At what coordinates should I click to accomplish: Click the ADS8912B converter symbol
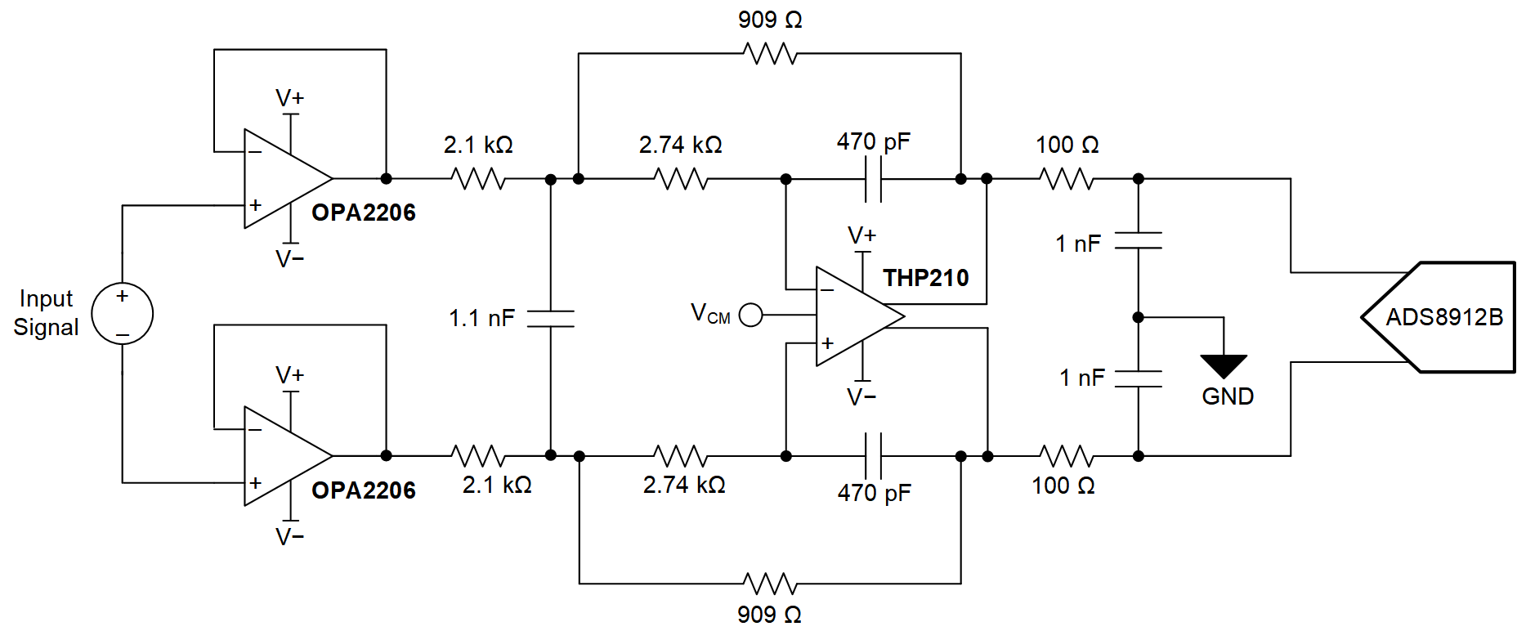click(1443, 317)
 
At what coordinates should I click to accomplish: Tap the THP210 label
click(925, 279)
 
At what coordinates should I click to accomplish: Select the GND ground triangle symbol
click(1224, 365)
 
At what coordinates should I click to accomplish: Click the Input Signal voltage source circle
click(123, 314)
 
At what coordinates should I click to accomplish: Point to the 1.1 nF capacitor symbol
click(550, 318)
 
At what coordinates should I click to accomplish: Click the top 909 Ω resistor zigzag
click(770, 54)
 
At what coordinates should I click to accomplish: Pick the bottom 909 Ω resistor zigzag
click(770, 584)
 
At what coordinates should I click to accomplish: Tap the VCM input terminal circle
click(750, 315)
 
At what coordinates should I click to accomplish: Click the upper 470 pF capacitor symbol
click(873, 179)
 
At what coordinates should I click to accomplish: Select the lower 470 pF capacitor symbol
click(873, 456)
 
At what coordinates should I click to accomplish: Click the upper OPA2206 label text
click(364, 213)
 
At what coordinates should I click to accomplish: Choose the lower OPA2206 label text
click(364, 490)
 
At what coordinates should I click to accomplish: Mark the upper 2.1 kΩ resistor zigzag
click(478, 178)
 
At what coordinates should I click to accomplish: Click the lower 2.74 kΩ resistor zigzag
click(681, 456)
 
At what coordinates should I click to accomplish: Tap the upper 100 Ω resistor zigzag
click(1067, 178)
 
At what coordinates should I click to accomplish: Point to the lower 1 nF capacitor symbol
click(1138, 378)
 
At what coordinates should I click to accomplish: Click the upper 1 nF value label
click(1078, 244)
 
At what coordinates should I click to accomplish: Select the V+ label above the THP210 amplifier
click(861, 236)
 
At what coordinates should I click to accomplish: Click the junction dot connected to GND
click(1138, 317)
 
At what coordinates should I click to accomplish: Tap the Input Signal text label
click(47, 313)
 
